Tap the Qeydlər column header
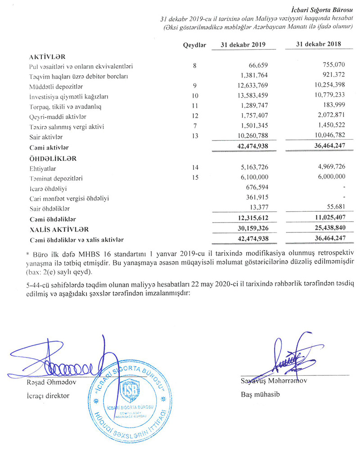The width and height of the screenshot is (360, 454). tap(194, 45)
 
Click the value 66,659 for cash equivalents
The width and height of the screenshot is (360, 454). tap(258, 66)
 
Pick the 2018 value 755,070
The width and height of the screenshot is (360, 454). tap(332, 66)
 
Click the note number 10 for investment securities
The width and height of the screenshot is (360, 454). tap(195, 96)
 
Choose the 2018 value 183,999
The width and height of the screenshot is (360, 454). tap(332, 107)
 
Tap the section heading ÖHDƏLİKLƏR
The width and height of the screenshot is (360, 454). tap(53, 158)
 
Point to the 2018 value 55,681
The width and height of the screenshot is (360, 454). tap(334, 208)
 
